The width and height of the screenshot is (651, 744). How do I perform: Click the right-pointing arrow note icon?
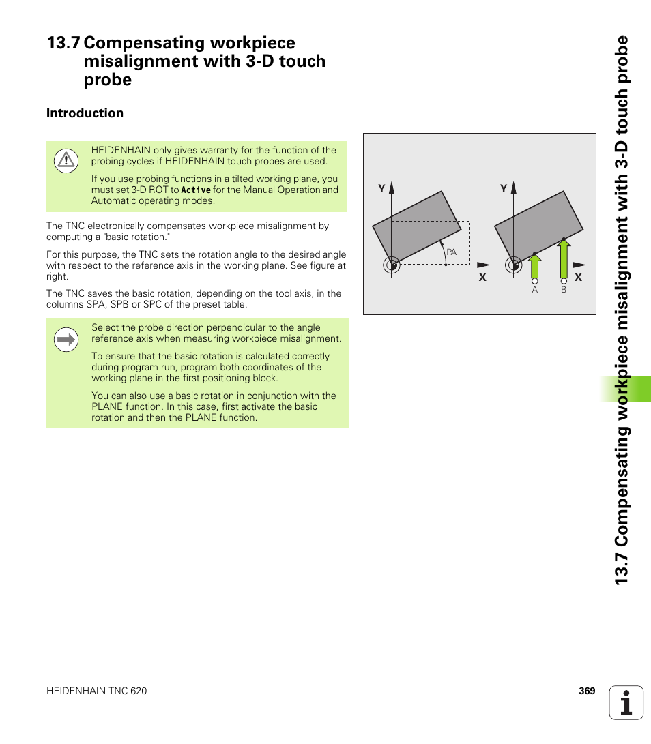coord(66,339)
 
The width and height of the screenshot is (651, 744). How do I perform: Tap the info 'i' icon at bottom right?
coord(626,702)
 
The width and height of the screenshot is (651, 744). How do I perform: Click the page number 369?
coord(587,691)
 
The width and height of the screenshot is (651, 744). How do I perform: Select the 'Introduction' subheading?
coord(85,113)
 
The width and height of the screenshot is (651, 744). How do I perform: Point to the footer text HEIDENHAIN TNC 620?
coord(96,691)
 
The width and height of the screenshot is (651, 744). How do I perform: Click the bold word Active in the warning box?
coord(196,190)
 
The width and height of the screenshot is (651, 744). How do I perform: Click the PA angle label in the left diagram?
coord(451,252)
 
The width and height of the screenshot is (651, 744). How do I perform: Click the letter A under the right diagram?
coord(535,290)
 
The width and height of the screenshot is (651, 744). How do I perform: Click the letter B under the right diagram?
coord(564,290)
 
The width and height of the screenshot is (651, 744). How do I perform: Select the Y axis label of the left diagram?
coord(382,188)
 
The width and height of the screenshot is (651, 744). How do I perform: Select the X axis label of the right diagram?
coord(577,277)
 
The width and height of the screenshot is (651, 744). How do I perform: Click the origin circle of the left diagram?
coord(391,265)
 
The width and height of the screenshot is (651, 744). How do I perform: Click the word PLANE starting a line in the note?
coord(106,406)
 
